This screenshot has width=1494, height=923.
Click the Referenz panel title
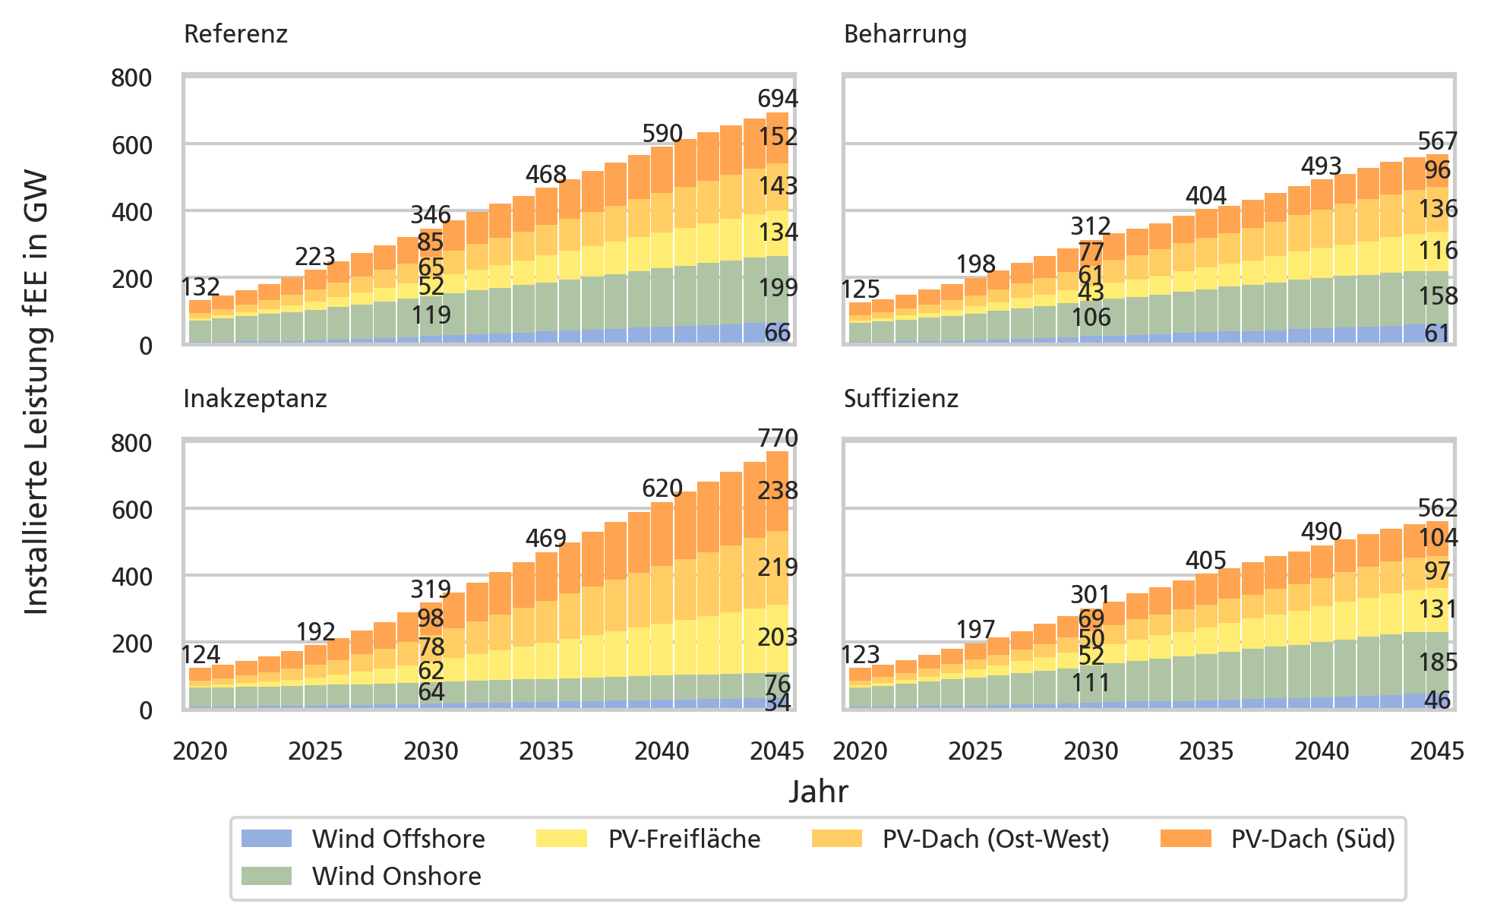(235, 34)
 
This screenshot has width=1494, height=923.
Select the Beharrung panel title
(905, 34)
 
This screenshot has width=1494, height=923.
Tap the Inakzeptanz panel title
(254, 399)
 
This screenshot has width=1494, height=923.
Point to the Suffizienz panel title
(901, 399)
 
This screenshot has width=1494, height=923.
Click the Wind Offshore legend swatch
(266, 839)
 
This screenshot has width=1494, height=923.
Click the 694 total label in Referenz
(778, 99)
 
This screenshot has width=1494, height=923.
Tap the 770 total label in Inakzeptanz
(778, 438)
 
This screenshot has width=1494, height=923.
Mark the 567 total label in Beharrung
(1437, 141)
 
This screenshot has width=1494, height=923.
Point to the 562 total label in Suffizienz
(1437, 507)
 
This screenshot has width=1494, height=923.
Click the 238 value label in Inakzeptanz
(778, 492)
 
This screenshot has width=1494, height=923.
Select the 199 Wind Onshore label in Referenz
(778, 287)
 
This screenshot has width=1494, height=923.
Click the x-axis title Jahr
(818, 792)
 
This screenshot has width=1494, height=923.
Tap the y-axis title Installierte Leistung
(36, 392)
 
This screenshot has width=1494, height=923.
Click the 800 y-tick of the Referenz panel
(131, 78)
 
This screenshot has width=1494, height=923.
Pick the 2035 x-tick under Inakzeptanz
(546, 751)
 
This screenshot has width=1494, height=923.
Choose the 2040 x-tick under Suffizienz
(1322, 751)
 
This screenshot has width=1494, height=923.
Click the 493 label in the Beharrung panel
(1322, 166)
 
